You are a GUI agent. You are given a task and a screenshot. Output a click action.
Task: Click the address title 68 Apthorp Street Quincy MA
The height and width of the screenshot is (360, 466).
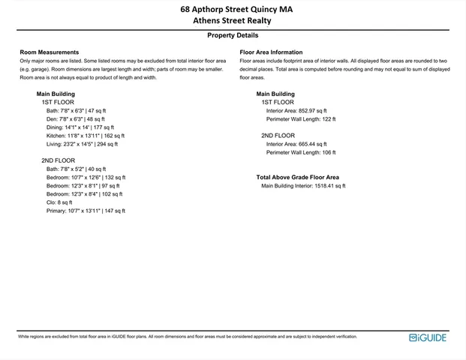pyautogui.click(x=233, y=10)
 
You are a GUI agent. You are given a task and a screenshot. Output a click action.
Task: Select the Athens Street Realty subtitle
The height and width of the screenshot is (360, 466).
pyautogui.click(x=233, y=21)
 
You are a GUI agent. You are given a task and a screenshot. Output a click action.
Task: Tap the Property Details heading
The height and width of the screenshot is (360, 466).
pyautogui.click(x=233, y=35)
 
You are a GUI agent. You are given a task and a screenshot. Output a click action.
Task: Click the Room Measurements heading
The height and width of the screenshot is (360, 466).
pyautogui.click(x=50, y=52)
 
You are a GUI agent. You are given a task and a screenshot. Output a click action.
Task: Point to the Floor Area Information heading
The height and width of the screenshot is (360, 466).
pyautogui.click(x=271, y=52)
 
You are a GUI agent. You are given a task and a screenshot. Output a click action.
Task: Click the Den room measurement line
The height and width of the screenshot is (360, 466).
pyautogui.click(x=75, y=118)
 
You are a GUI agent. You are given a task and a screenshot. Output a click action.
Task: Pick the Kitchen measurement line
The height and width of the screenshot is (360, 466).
pyautogui.click(x=86, y=136)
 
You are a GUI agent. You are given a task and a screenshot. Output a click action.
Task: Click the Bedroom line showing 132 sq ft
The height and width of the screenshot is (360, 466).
pyautogui.click(x=86, y=177)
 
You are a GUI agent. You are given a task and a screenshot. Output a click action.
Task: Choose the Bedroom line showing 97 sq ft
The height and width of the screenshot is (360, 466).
pyautogui.click(x=83, y=185)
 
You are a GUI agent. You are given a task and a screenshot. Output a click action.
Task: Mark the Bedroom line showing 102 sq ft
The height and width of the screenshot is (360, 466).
pyautogui.click(x=84, y=193)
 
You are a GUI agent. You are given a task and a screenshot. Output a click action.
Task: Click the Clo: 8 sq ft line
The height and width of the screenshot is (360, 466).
pyautogui.click(x=59, y=202)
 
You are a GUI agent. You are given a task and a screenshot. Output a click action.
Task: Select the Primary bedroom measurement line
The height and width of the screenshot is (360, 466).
pyautogui.click(x=86, y=211)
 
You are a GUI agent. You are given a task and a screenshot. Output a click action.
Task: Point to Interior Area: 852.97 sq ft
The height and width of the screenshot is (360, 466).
pyautogui.click(x=296, y=110)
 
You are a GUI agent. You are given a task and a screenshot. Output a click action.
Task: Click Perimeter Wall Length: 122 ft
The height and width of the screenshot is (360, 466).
pyautogui.click(x=301, y=118)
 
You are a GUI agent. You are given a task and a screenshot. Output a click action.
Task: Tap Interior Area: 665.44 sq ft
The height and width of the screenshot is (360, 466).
pyautogui.click(x=296, y=144)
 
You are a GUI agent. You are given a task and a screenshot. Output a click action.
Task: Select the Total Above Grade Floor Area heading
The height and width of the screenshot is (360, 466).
pyautogui.click(x=297, y=178)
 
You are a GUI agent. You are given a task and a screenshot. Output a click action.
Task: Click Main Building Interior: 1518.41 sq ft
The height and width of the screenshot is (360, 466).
pyautogui.click(x=303, y=186)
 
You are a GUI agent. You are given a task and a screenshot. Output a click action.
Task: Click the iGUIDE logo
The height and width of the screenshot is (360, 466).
pyautogui.click(x=428, y=337)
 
